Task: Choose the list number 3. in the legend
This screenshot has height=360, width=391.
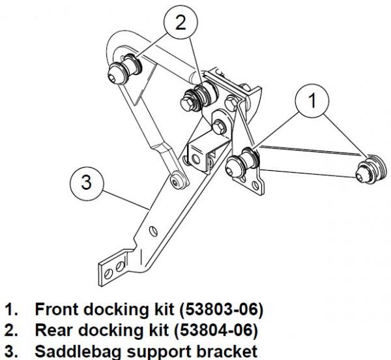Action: [12, 348]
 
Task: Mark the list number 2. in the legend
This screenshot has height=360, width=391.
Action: [12, 328]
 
